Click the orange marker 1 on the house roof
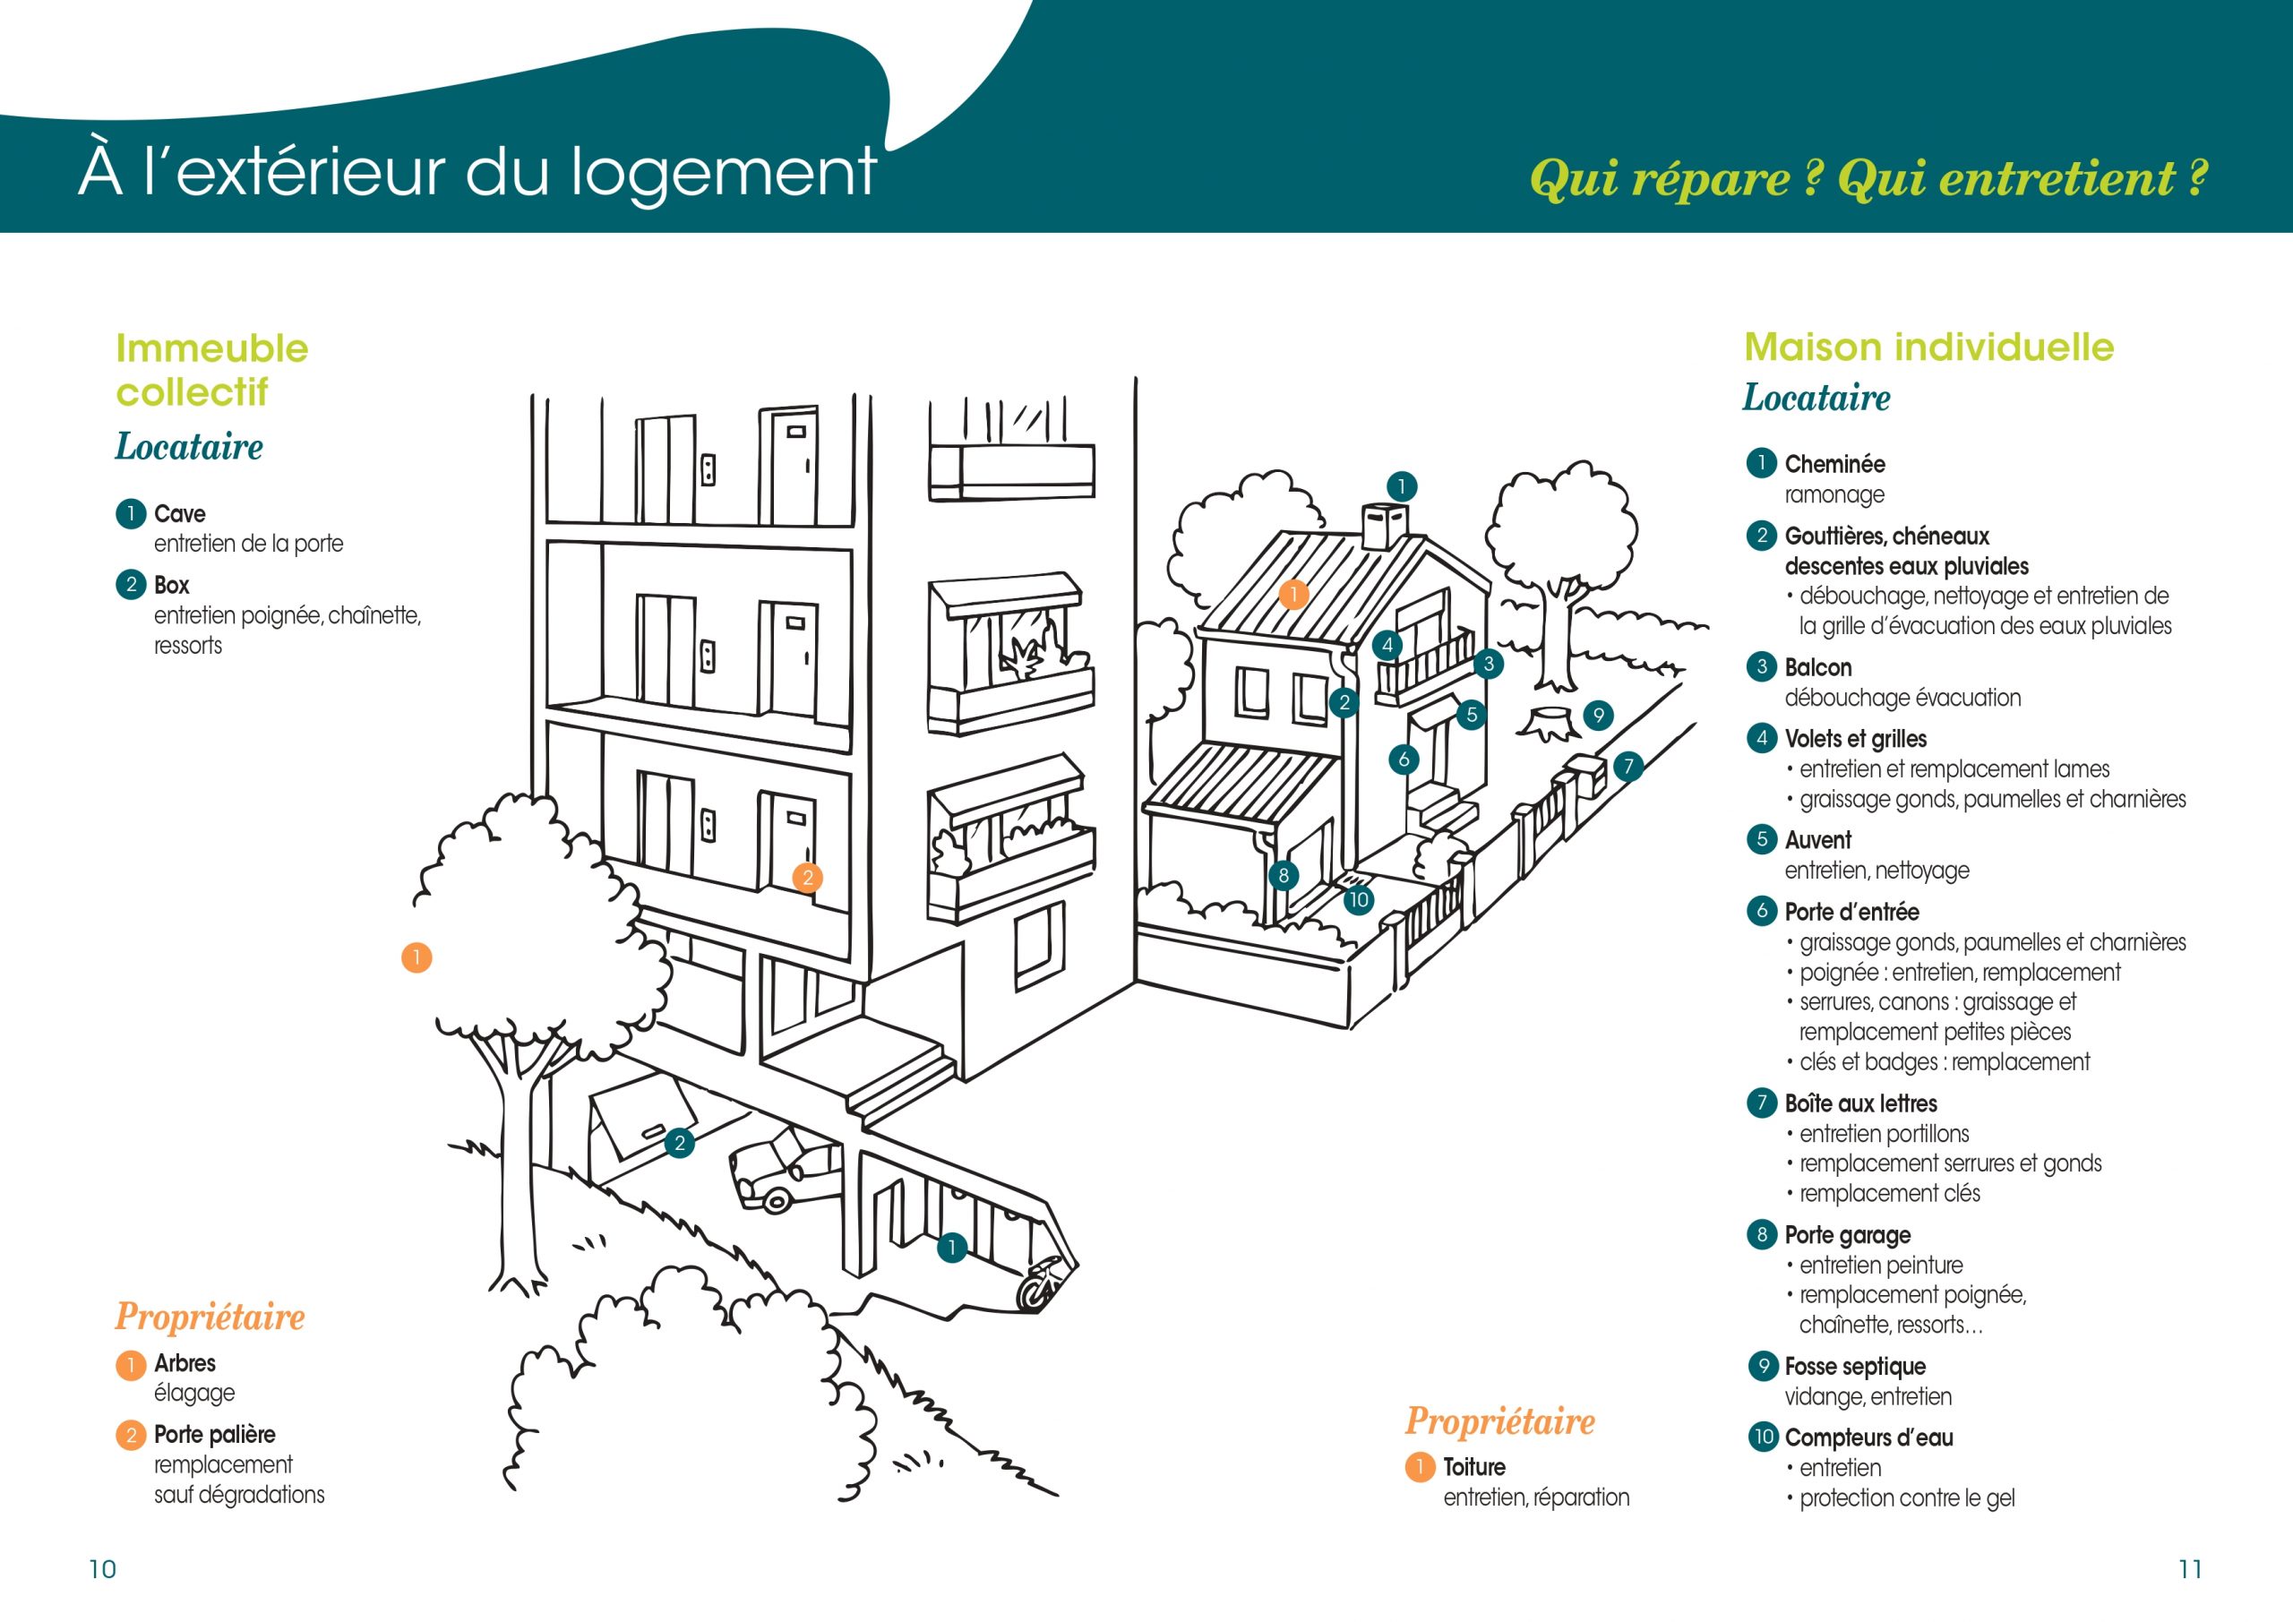click(1293, 596)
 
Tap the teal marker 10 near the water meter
click(1358, 900)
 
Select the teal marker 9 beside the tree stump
click(1599, 715)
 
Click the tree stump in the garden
click(1549, 723)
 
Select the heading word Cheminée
click(1834, 463)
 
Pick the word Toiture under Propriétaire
click(1474, 1466)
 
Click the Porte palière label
click(215, 1434)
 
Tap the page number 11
click(2190, 1569)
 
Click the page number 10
click(103, 1569)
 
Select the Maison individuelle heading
click(1928, 347)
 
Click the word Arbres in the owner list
click(185, 1362)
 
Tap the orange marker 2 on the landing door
click(808, 877)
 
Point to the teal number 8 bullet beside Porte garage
click(1762, 1234)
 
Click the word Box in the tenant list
click(172, 584)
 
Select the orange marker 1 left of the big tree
click(417, 957)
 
